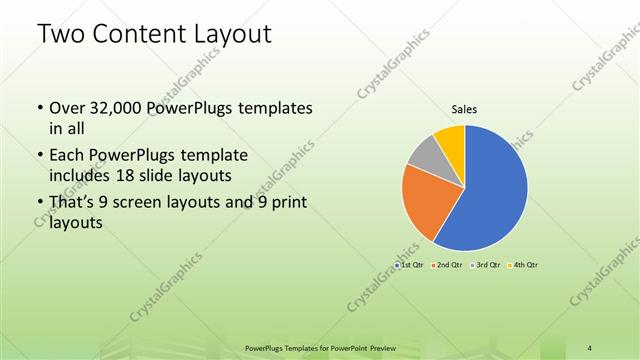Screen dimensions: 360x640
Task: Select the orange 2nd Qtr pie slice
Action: coord(422,200)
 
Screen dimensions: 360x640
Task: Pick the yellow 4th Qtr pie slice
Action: coord(450,139)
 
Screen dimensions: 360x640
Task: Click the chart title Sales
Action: coord(463,107)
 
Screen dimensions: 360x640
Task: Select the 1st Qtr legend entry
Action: coord(411,265)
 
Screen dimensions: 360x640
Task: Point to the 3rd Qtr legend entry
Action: coord(486,265)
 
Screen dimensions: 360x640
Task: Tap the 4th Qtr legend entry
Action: coord(524,265)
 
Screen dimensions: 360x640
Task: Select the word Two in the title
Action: coord(59,35)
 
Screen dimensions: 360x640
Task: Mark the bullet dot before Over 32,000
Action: coord(38,107)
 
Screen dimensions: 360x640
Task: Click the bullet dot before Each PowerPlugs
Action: coord(38,156)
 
